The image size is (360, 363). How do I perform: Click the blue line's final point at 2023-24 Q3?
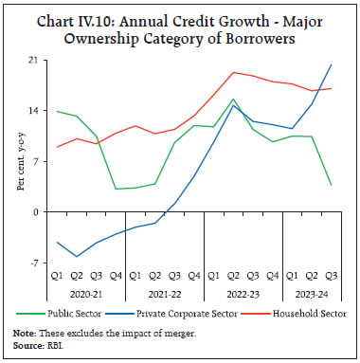(331, 64)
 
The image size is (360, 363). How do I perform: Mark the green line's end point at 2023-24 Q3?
(331, 185)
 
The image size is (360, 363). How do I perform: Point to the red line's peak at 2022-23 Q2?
(233, 72)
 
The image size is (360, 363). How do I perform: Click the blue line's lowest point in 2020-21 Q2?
(77, 257)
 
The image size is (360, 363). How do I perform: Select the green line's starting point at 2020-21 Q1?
(57, 111)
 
